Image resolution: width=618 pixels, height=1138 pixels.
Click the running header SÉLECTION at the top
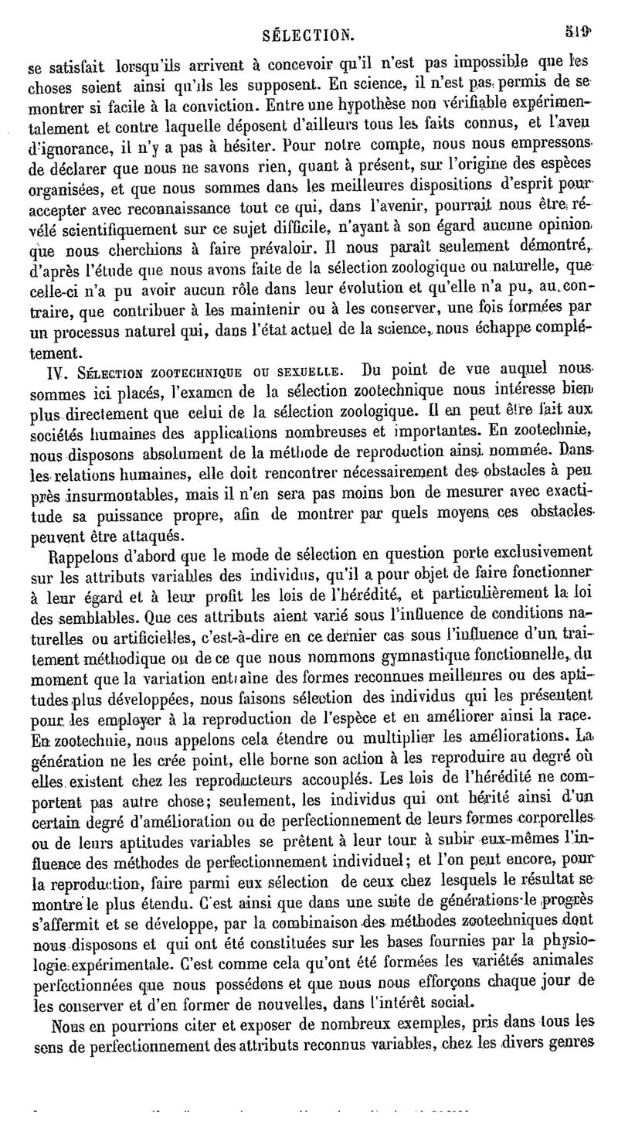click(307, 35)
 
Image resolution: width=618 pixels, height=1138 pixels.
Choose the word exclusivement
click(538, 553)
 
